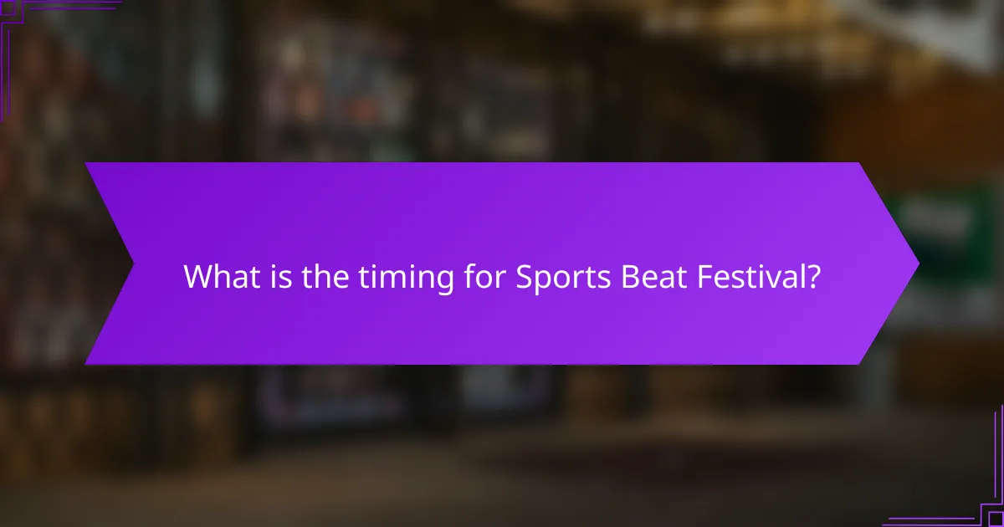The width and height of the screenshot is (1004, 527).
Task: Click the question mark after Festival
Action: coord(812,277)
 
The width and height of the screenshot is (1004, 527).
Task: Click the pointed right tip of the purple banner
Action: coord(918,263)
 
